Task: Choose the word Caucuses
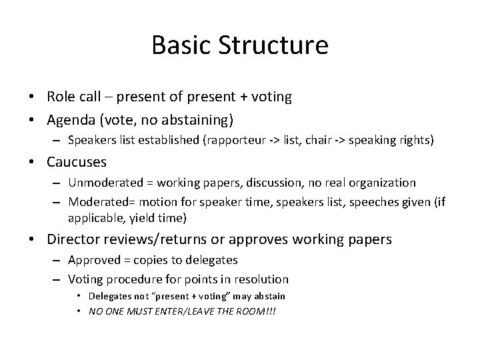click(x=77, y=161)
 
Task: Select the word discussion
click(x=263, y=182)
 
